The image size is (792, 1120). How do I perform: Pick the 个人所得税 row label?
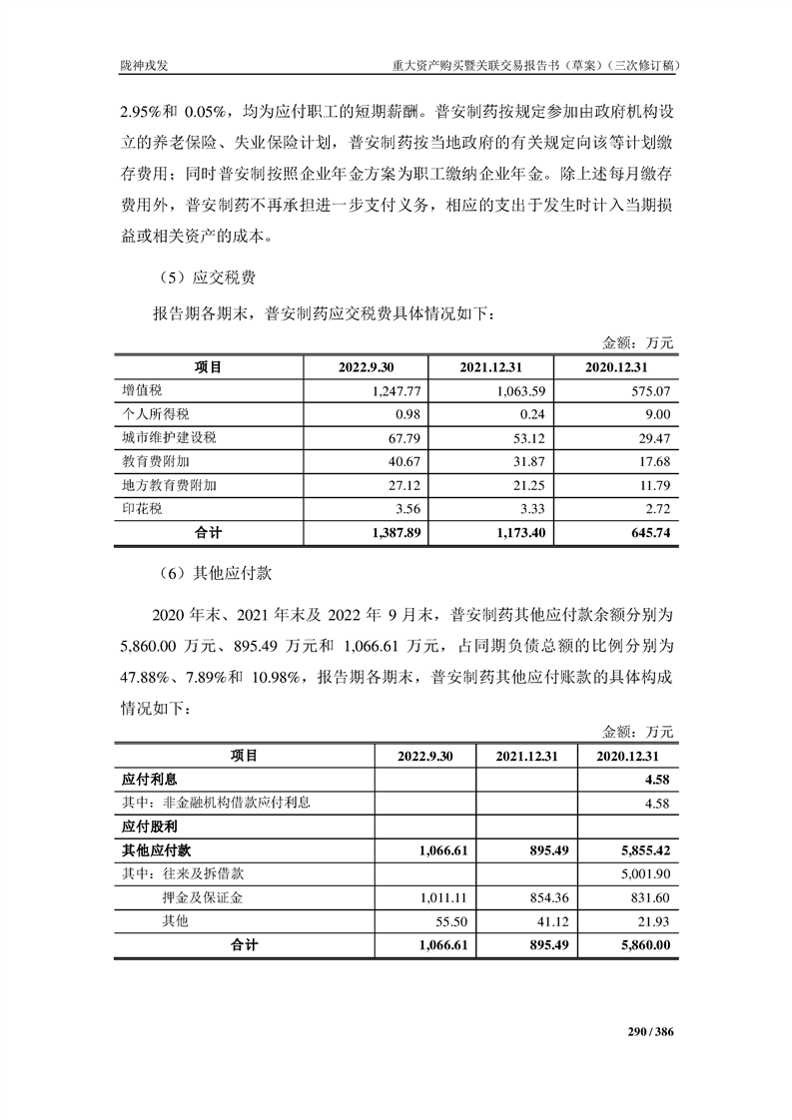coord(155,414)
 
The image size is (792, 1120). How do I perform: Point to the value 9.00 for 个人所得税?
coord(656,414)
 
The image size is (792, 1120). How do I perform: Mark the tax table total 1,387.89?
coord(396,534)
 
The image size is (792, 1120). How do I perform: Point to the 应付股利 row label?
coord(149,827)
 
